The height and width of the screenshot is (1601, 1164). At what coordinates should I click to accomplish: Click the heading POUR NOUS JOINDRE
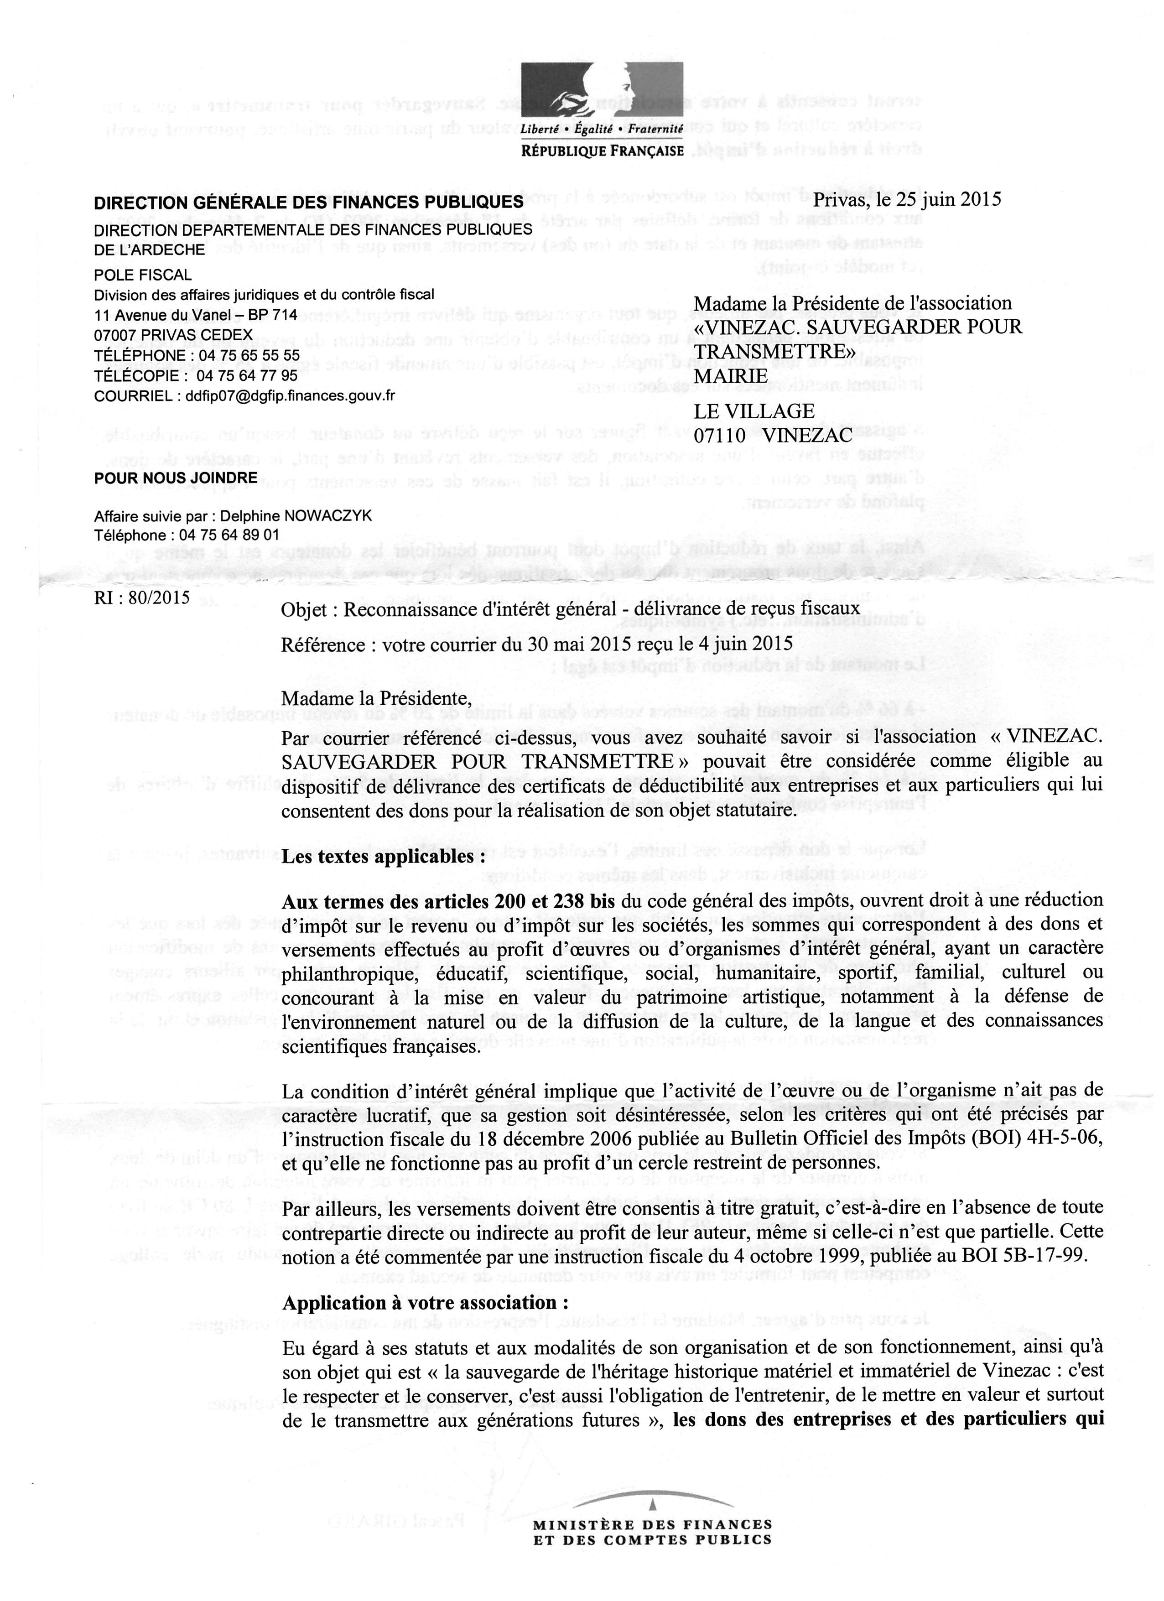click(x=176, y=478)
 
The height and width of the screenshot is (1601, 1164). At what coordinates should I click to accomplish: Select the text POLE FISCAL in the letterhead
click(x=143, y=275)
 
